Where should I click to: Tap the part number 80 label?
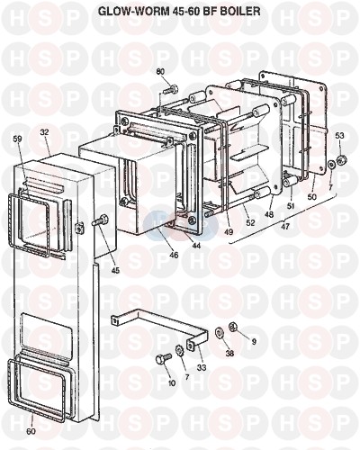(x=160, y=72)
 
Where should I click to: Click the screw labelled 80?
(x=170, y=89)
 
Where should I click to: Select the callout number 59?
(x=18, y=139)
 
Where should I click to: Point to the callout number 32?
(x=45, y=131)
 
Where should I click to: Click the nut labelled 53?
(x=341, y=159)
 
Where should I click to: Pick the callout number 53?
(x=339, y=136)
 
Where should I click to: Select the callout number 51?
(x=291, y=206)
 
